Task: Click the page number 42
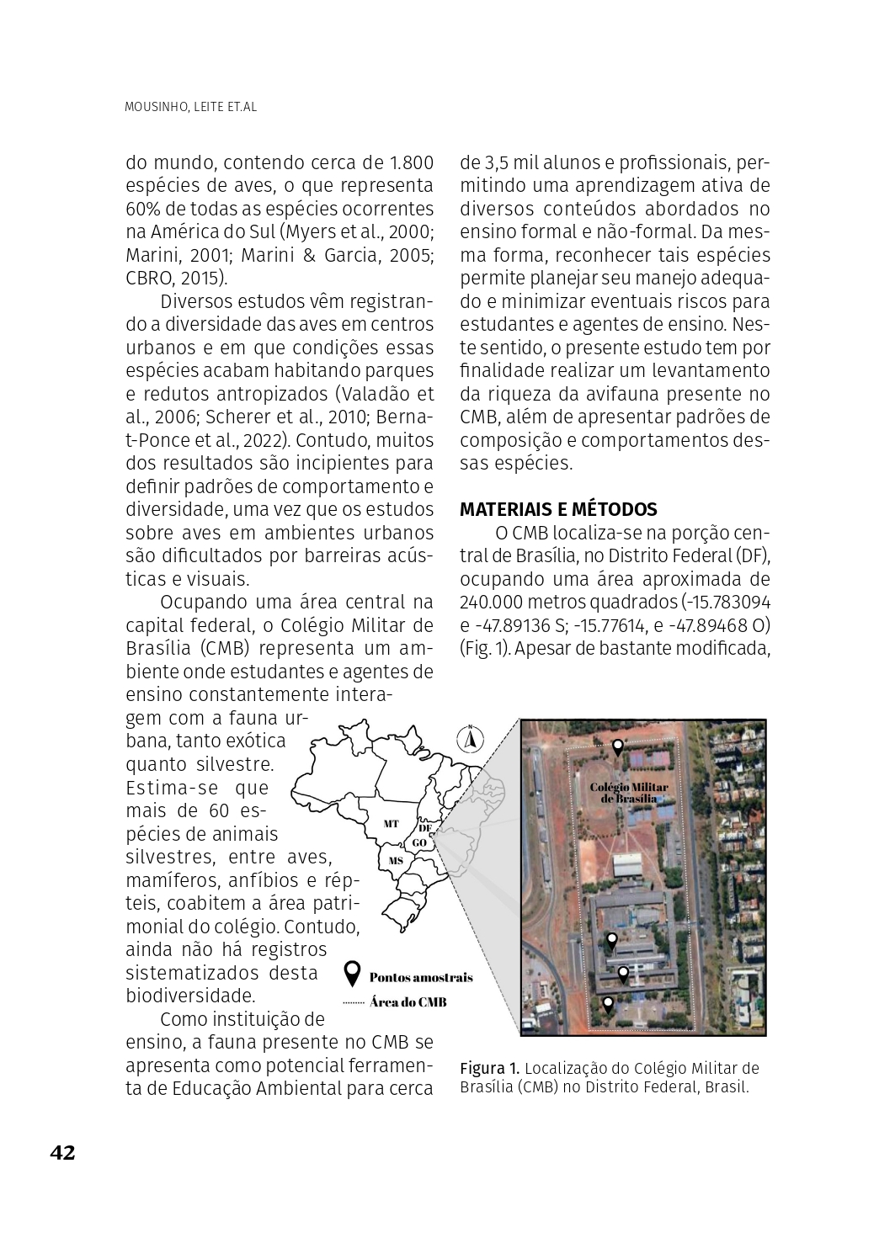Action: coord(62,1152)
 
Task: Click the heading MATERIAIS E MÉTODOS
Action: coord(558,509)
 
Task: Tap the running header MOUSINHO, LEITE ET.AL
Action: coord(190,108)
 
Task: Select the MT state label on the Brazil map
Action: coord(391,824)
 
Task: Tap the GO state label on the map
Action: coord(419,842)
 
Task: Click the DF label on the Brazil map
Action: coord(425,828)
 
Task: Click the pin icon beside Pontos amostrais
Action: coord(353,975)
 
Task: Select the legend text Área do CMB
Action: coord(408,1002)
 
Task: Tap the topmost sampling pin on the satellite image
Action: coord(617,746)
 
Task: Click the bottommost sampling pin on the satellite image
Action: coord(608,1003)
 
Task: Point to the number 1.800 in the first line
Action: coord(412,162)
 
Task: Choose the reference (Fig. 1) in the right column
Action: coord(483,648)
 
